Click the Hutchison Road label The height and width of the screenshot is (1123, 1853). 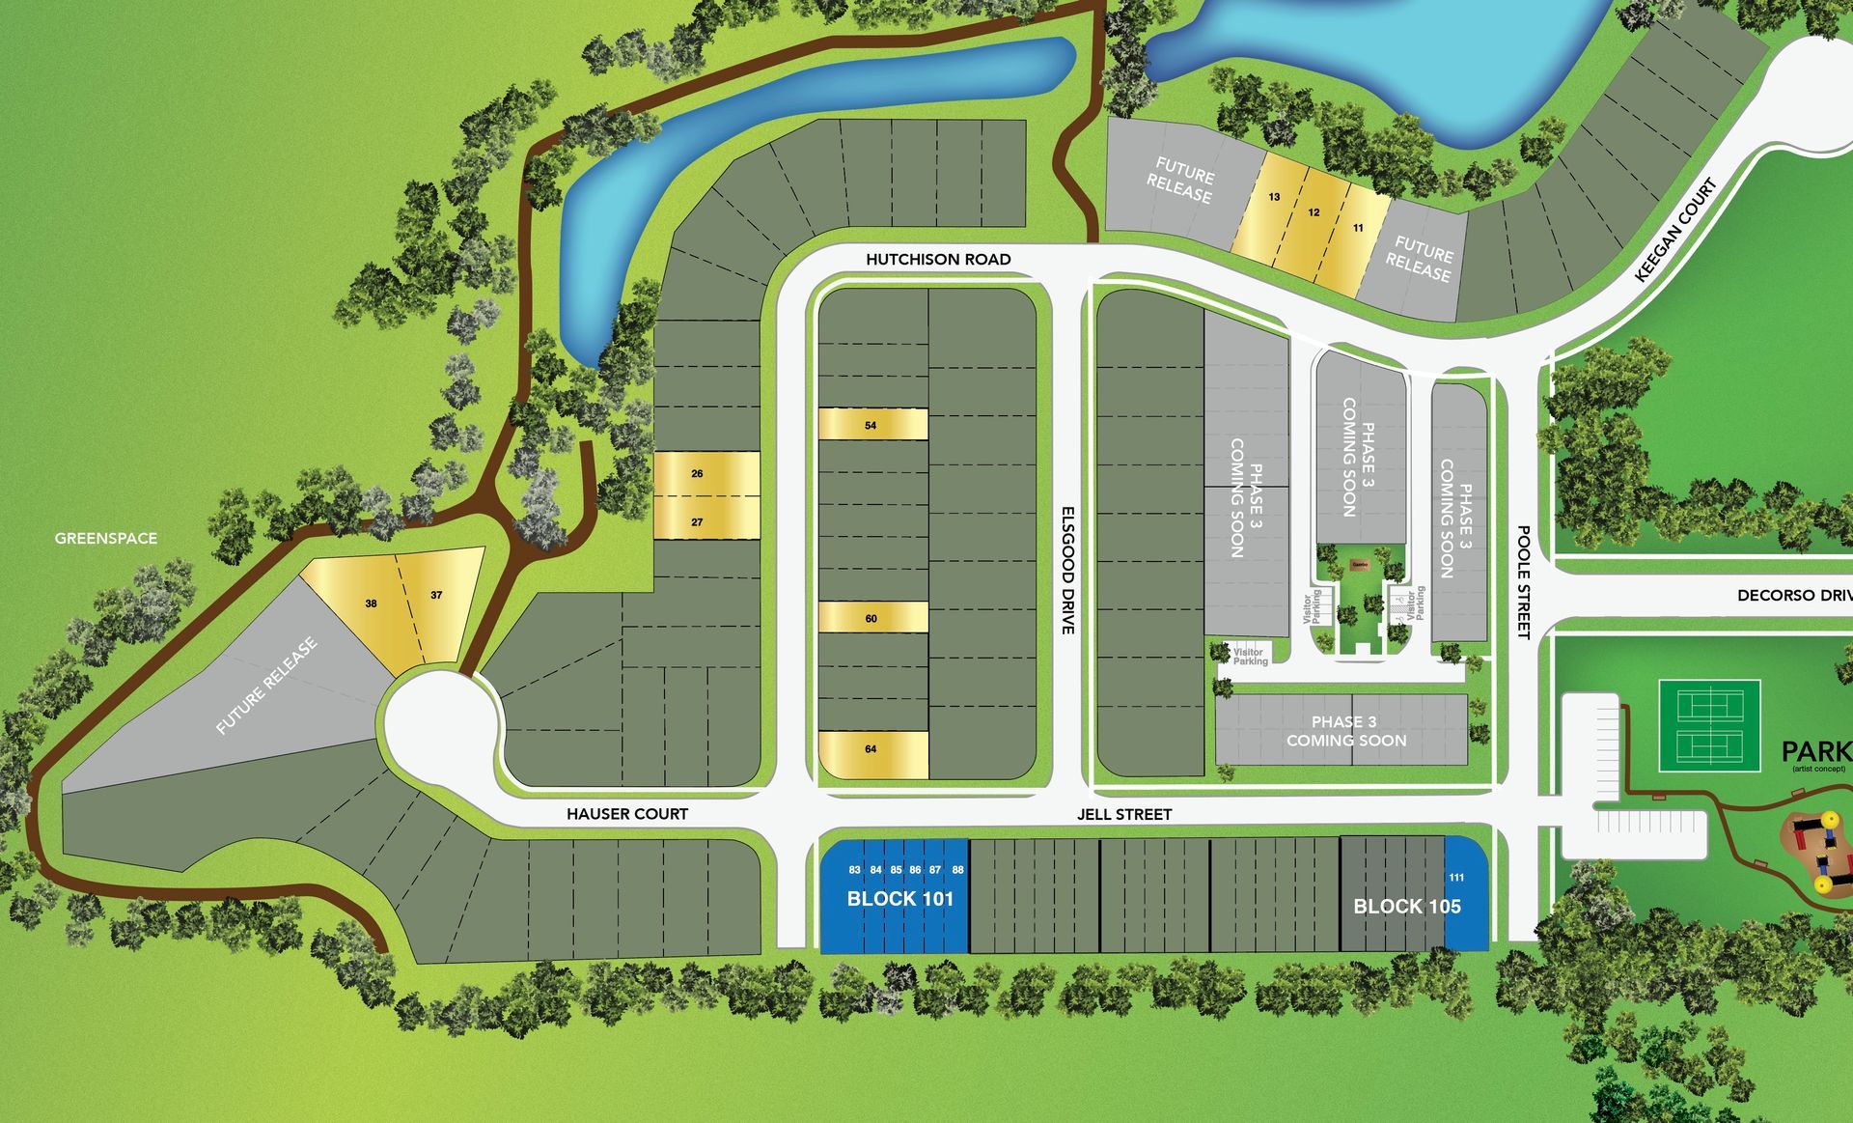[x=938, y=259]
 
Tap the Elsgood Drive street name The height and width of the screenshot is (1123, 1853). [x=1067, y=570]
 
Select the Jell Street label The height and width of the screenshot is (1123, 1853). [x=1124, y=814]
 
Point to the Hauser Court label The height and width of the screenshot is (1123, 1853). [x=627, y=814]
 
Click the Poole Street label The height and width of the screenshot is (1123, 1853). [x=1524, y=581]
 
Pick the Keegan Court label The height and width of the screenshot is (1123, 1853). [x=1676, y=231]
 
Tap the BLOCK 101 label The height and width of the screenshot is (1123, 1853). [x=899, y=899]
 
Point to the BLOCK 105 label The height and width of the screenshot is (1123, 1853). [x=1406, y=907]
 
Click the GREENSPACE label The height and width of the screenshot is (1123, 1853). [x=106, y=538]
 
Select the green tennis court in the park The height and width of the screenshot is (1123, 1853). [x=1709, y=726]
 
